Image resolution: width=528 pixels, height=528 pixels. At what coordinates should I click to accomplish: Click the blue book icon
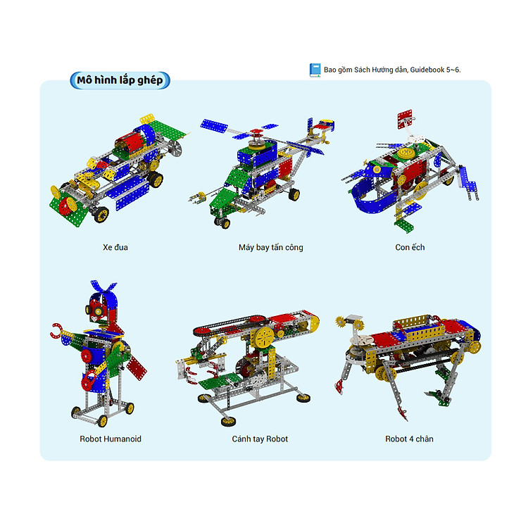(x=315, y=70)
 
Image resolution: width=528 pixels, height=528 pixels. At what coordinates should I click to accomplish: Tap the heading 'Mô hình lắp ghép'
(x=120, y=80)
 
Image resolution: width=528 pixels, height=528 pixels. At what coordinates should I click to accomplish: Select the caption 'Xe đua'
(x=115, y=248)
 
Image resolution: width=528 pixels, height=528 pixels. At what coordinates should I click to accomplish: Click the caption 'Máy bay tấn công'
(x=271, y=248)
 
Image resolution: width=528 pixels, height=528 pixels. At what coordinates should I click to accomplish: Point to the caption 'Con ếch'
(x=410, y=248)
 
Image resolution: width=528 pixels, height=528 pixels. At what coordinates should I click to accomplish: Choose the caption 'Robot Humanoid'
(x=111, y=439)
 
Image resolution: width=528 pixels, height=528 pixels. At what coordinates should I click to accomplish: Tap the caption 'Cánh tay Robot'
(x=260, y=439)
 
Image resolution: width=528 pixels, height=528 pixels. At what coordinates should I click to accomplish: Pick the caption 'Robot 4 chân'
(x=409, y=439)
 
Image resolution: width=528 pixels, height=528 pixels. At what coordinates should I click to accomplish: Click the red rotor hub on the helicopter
(x=256, y=132)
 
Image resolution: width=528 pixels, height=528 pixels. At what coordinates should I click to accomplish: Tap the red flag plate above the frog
(x=404, y=119)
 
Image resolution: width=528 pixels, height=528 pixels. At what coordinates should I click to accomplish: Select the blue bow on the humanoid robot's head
(x=103, y=287)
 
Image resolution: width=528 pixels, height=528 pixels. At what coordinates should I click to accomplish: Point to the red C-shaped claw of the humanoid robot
(x=56, y=331)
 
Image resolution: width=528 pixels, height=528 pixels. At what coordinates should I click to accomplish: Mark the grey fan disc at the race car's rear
(x=175, y=148)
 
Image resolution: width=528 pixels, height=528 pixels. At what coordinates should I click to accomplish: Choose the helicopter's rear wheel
(x=294, y=194)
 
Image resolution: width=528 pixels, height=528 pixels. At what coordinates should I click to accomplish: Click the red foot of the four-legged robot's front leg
(x=339, y=386)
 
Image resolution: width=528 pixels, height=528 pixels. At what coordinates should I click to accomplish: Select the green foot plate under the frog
(x=404, y=225)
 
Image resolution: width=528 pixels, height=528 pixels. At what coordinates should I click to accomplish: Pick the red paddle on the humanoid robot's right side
(x=137, y=368)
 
